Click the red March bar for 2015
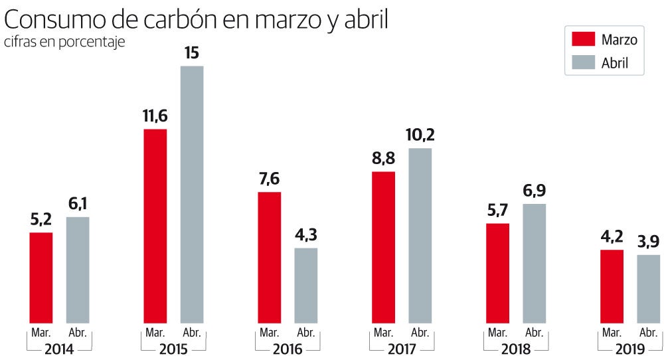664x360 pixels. pyautogui.click(x=155, y=226)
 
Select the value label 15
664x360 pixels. pyautogui.click(x=192, y=52)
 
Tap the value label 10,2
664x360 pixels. pyautogui.click(x=420, y=135)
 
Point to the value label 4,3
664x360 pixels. pyautogui.click(x=306, y=235)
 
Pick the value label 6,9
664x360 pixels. pyautogui.click(x=535, y=191)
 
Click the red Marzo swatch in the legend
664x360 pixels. pyautogui.click(x=582, y=39)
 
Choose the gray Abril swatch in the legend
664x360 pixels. pyautogui.click(x=582, y=63)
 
